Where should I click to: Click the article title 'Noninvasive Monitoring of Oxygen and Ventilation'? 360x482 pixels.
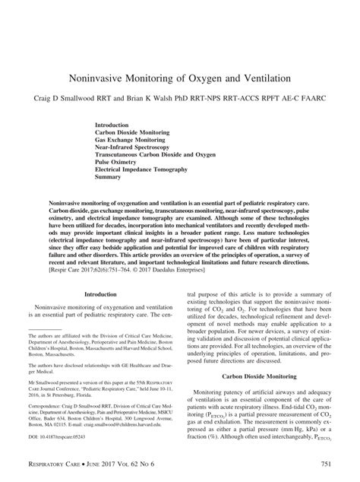click(x=180, y=78)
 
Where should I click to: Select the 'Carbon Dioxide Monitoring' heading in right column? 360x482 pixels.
click(x=257, y=376)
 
